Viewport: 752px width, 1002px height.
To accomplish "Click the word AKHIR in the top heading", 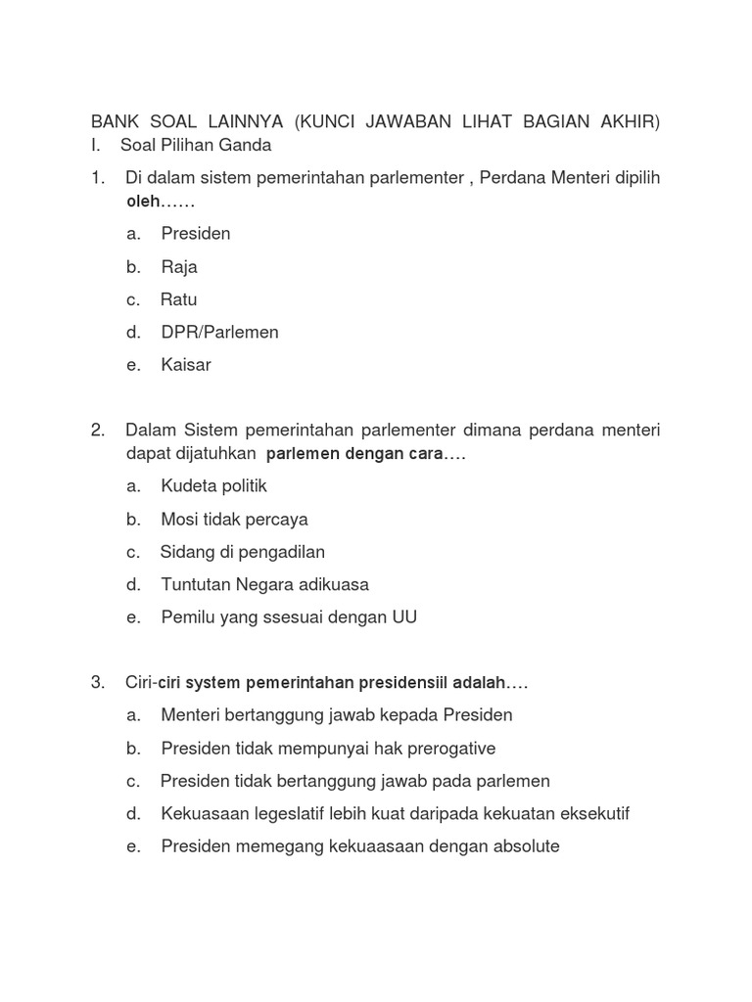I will pos(628,121).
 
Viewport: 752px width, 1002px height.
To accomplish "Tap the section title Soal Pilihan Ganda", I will pos(196,146).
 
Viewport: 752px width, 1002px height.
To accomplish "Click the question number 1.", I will pos(97,178).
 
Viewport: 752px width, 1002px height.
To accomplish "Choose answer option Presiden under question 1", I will pos(196,234).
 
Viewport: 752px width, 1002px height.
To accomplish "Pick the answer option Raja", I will pos(179,267).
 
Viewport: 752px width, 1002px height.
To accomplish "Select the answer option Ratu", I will pos(179,299).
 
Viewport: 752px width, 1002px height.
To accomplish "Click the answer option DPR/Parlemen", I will pos(219,333).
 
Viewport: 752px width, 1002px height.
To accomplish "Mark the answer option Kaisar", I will pos(186,365).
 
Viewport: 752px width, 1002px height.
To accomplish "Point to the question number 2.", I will pos(97,431).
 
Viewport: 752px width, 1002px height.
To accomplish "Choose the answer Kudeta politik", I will pos(213,486).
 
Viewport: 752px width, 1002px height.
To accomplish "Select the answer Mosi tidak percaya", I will pos(234,520).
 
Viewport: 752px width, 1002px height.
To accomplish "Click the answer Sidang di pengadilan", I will pos(242,552).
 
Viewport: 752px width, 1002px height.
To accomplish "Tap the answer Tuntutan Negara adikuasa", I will pos(264,585).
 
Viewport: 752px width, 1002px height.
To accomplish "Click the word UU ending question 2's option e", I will pos(404,618).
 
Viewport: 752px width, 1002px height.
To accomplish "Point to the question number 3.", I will pos(97,683).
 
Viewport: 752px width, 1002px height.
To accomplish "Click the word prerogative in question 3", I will pos(449,749).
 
